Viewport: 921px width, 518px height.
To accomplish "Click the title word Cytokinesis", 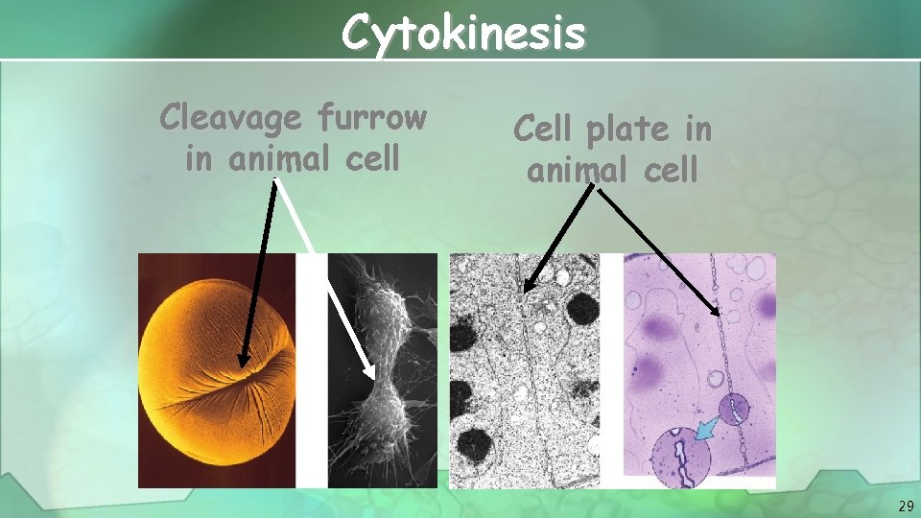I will [463, 34].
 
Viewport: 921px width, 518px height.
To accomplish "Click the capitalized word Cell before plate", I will [542, 128].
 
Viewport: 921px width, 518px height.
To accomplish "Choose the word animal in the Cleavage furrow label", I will [268, 158].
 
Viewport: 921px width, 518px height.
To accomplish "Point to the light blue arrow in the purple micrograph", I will [708, 431].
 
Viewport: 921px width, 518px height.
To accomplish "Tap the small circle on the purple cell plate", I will [736, 410].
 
